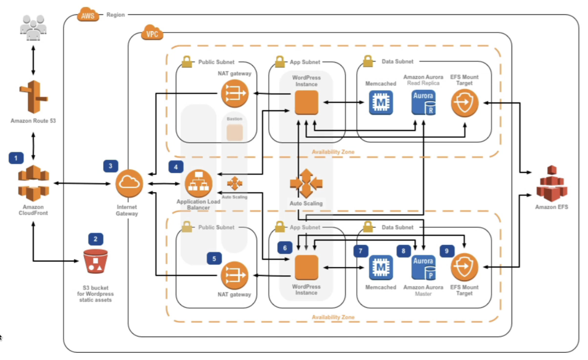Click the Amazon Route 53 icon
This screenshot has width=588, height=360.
click(x=33, y=97)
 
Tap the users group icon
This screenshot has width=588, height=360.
click(x=33, y=28)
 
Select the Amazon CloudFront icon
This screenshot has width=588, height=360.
click(x=34, y=183)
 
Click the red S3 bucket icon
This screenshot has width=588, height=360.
click(x=95, y=261)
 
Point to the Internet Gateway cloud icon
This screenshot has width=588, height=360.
click(x=129, y=183)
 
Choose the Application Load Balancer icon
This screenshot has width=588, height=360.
click(x=199, y=183)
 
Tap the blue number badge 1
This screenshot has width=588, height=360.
click(x=16, y=158)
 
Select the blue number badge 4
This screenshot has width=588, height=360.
click(x=176, y=167)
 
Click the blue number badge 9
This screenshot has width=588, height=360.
click(x=447, y=251)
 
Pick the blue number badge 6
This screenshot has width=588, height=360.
click(x=285, y=248)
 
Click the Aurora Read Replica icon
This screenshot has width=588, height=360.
click(x=423, y=103)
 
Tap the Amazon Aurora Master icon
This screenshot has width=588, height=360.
click(x=423, y=268)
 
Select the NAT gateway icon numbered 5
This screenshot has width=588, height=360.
click(x=235, y=275)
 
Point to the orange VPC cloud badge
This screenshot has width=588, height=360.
click(x=152, y=33)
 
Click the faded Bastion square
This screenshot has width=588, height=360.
click(x=235, y=132)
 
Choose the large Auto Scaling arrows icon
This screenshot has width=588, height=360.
click(x=306, y=183)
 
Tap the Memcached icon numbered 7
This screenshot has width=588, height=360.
click(x=381, y=268)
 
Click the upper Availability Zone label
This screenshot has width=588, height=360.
click(x=333, y=152)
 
